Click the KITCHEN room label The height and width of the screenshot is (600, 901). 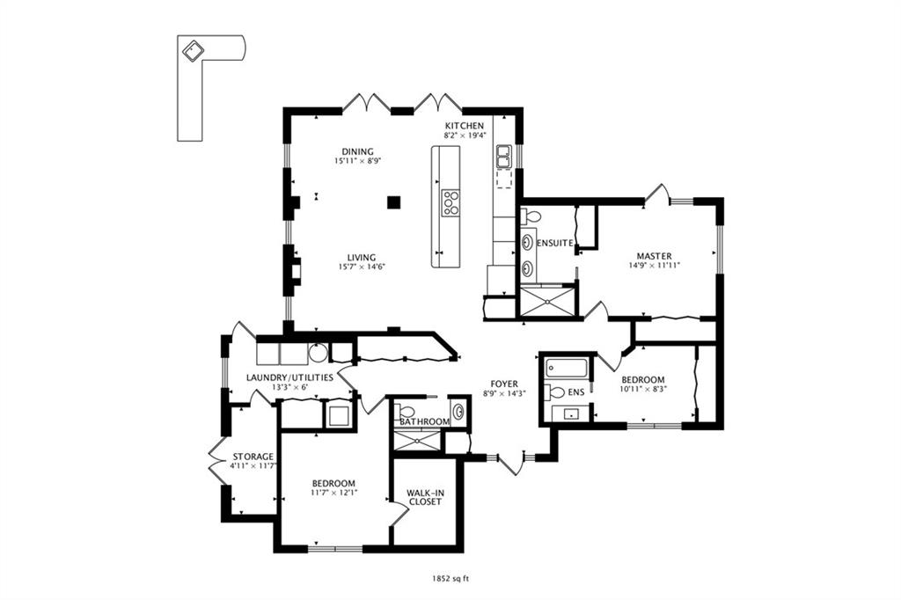coord(465,126)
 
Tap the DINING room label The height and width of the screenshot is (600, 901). coord(357,151)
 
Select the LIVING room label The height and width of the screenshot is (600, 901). coord(362,258)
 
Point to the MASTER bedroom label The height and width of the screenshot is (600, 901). coord(654,256)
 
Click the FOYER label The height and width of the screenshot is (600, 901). coord(504,384)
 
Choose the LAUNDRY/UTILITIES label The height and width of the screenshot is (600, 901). coord(289,377)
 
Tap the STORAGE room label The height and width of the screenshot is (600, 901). coord(253,457)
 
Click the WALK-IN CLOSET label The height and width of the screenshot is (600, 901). coord(425,497)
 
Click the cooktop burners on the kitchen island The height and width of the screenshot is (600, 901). coord(450,203)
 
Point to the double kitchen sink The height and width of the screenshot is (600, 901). coord(503,157)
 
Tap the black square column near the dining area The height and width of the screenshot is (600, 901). coord(393,201)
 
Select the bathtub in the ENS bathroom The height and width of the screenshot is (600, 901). coord(566,368)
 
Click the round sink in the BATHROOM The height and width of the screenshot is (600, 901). coord(458,412)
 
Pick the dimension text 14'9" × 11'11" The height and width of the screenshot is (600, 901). coord(654,266)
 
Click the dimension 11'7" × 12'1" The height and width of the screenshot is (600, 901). coord(333,493)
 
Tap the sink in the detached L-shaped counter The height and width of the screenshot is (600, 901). coord(193,50)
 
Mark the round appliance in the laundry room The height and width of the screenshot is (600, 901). coord(318,353)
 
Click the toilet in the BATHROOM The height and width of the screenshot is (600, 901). coord(406,412)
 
